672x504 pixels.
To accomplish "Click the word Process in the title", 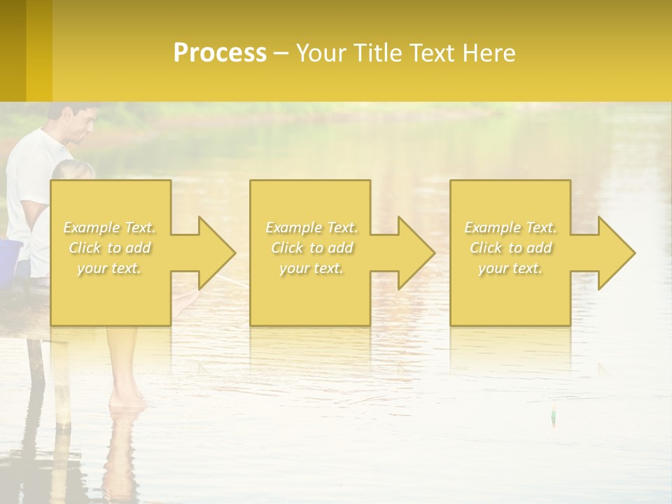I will coord(220,53).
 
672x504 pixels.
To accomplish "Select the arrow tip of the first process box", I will coord(233,253).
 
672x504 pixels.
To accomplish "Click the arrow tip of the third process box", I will coord(633,253).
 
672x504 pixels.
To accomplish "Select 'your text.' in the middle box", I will coord(311,269).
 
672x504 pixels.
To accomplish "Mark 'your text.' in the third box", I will coord(510,269).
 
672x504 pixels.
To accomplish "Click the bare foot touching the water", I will coord(128,401).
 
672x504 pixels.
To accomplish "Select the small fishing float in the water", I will coord(554,415).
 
